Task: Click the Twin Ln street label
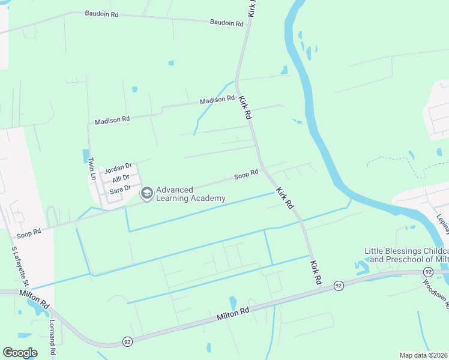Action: (92, 169)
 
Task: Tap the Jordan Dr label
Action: (118, 169)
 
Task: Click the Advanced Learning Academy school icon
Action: (146, 193)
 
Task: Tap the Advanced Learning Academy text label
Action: (191, 194)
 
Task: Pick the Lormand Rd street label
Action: (52, 339)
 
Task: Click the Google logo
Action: (20, 353)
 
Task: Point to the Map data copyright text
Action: (424, 355)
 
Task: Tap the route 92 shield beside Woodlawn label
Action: (427, 272)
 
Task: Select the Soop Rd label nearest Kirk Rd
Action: (246, 175)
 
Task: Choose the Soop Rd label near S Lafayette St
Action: (29, 232)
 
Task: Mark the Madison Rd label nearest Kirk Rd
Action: (217, 99)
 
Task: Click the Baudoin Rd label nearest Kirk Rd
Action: (226, 23)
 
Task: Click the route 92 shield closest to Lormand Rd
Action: (127, 341)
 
